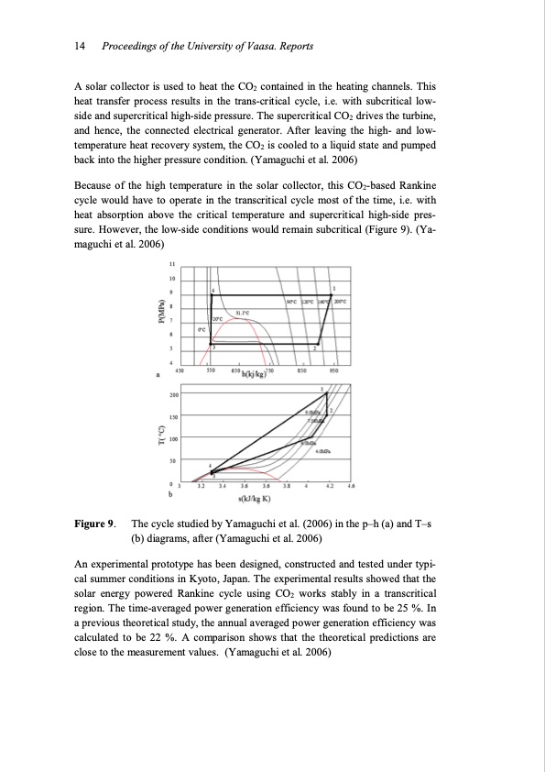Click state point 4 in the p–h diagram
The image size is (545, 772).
(x=213, y=290)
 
